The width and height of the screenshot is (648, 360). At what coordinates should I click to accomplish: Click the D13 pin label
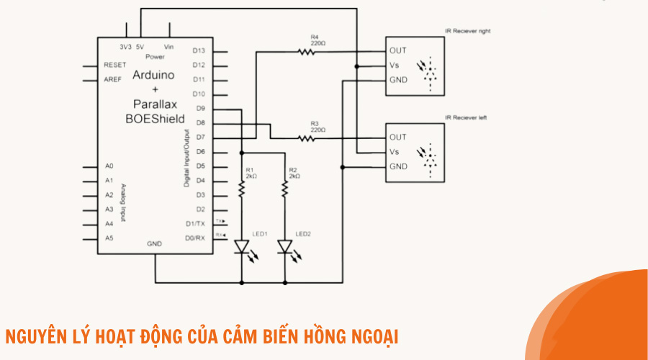click(x=199, y=50)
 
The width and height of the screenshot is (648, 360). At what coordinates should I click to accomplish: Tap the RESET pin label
click(x=115, y=65)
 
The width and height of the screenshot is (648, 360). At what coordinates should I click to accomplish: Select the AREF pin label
click(x=113, y=79)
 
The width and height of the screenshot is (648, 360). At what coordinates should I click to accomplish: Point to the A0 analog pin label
click(x=109, y=166)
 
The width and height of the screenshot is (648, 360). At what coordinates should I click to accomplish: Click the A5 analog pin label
click(x=109, y=238)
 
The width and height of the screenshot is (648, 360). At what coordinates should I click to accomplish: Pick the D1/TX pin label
click(x=195, y=224)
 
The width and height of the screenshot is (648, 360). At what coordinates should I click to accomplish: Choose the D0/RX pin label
click(x=195, y=238)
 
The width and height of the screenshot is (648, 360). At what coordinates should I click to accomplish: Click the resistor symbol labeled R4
click(x=305, y=51)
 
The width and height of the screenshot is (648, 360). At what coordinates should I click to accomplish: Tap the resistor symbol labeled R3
click(x=305, y=138)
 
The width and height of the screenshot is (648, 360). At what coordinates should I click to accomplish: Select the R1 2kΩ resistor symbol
click(x=242, y=189)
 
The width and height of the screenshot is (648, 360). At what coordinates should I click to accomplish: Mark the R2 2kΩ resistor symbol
click(x=285, y=189)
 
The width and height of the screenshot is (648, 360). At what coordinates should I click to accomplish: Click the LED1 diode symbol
click(x=242, y=248)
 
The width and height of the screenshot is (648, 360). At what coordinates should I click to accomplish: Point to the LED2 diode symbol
click(x=285, y=248)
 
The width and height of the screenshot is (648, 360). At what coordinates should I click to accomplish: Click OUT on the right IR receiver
click(x=398, y=50)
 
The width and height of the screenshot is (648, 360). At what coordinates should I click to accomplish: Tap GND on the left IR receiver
click(x=398, y=166)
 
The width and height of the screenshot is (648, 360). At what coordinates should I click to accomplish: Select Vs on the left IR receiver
click(x=395, y=152)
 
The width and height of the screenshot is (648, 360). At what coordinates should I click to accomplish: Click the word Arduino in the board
click(x=153, y=75)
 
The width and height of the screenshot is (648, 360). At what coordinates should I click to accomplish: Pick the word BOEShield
click(x=155, y=118)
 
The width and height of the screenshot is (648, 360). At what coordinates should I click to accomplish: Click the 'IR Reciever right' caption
click(x=468, y=31)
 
